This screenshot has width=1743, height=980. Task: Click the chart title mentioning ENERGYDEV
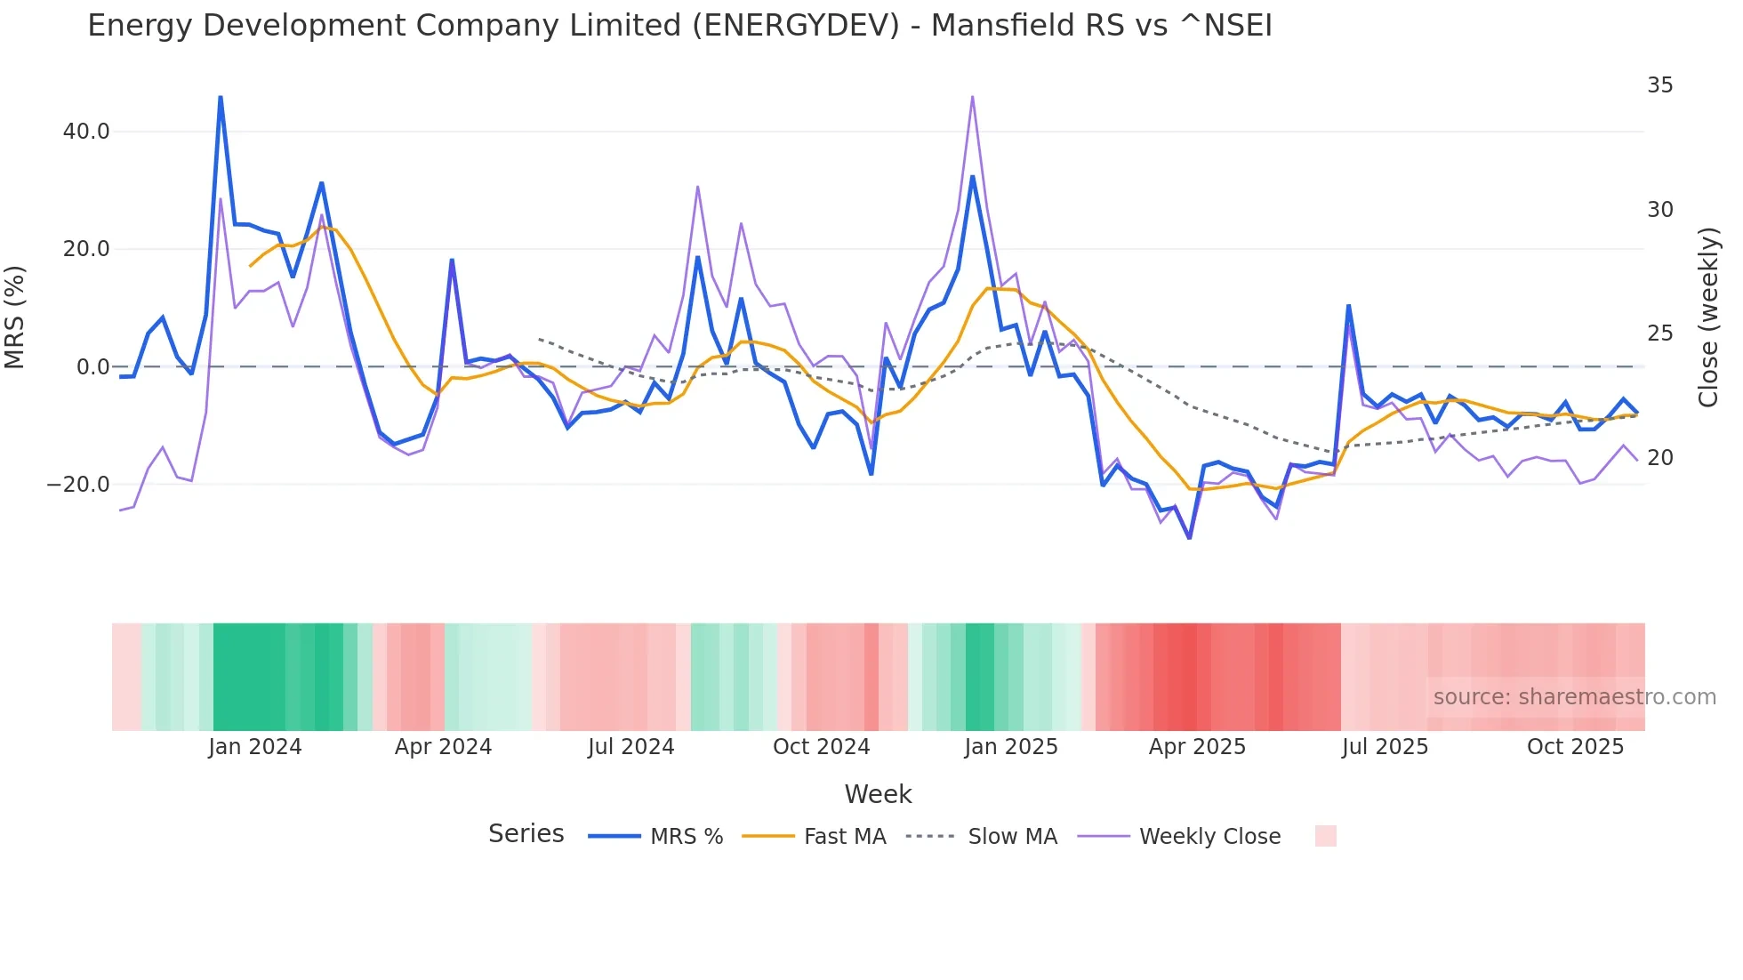point(679,26)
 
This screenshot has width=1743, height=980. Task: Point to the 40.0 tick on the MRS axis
point(86,132)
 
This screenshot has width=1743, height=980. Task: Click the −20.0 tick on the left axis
point(78,485)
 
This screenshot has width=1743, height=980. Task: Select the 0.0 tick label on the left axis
point(92,366)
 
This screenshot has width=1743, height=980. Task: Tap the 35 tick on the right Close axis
point(1659,85)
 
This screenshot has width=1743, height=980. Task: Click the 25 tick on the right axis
point(1659,333)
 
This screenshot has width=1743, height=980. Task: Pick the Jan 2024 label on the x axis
point(255,747)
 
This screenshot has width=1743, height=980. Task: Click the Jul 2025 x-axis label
point(1385,747)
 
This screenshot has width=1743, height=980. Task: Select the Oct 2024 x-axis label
point(821,747)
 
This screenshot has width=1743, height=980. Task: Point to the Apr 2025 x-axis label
point(1197,747)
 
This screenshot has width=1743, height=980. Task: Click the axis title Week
point(878,794)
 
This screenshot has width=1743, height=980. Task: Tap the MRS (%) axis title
point(15,317)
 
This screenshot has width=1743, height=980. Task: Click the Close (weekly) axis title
point(1708,317)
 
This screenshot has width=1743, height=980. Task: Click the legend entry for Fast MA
point(844,837)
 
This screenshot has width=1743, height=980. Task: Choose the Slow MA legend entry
point(1012,837)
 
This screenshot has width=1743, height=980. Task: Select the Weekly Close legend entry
point(1209,837)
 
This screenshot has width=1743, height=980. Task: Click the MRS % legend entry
point(686,837)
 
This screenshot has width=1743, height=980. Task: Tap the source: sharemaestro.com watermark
point(1574,697)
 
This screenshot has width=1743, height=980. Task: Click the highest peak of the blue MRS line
point(221,97)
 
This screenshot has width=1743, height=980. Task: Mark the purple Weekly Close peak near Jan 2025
point(972,97)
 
